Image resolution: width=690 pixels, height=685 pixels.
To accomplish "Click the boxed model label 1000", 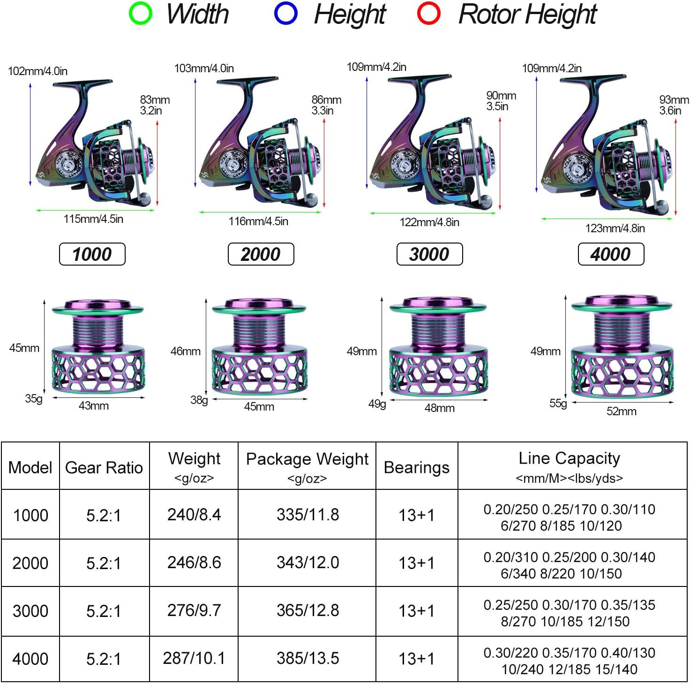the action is [x=92, y=254].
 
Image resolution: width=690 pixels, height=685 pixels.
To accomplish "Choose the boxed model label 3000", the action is [x=429, y=254].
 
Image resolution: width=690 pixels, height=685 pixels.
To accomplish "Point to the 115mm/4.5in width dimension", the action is [x=93, y=219].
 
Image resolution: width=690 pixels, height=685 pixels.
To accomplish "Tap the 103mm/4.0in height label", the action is [x=204, y=68].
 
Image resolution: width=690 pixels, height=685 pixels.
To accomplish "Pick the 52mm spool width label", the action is [x=621, y=411].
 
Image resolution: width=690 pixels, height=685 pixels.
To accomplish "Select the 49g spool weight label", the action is [x=377, y=404].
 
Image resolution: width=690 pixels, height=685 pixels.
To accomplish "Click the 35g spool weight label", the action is [x=34, y=399].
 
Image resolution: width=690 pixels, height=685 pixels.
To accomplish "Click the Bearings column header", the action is [x=416, y=467].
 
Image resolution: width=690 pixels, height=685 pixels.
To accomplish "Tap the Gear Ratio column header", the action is [x=104, y=467].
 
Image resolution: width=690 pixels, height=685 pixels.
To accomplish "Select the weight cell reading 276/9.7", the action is [x=194, y=610].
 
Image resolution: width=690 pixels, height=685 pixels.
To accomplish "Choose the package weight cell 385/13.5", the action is [x=307, y=658].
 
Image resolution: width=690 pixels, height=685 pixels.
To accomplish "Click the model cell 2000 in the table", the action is [x=30, y=563].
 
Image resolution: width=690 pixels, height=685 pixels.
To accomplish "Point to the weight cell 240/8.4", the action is [x=194, y=515].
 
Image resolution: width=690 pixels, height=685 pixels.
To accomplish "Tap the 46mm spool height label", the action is [x=186, y=351].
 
